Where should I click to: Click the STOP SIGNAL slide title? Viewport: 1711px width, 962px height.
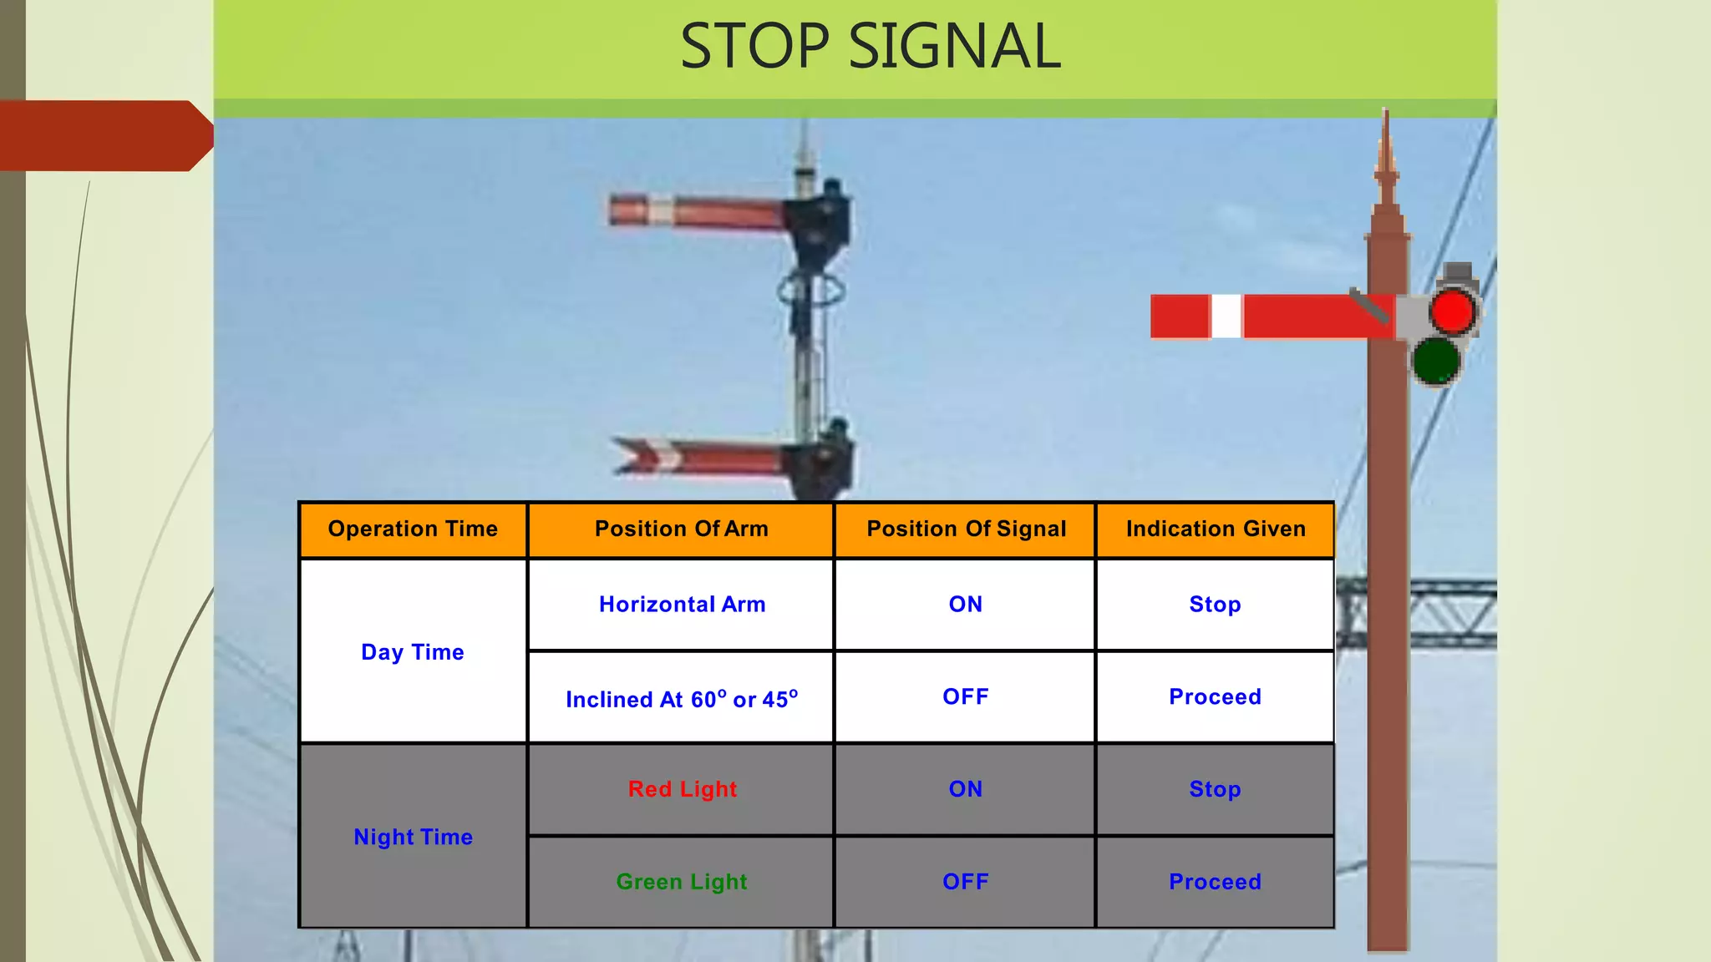870,47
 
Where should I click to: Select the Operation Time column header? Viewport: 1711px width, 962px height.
413,529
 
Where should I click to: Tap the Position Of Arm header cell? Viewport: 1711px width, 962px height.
681,529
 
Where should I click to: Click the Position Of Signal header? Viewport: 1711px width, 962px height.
966,529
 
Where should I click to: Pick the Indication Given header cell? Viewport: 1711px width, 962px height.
1215,529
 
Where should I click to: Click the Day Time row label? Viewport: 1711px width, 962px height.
413,652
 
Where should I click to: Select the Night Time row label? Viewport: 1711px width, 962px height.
413,837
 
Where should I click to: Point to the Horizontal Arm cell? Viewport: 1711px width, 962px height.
682,605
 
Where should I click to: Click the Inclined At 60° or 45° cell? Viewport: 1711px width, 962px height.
682,698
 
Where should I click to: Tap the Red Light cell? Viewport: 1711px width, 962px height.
682,789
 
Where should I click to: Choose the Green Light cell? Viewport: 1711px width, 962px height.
682,882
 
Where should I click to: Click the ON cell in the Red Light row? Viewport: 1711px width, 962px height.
965,789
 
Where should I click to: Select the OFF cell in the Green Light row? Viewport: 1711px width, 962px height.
965,882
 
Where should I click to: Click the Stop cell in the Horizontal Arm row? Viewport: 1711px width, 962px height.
1215,605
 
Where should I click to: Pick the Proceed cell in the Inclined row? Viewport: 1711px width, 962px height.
1215,697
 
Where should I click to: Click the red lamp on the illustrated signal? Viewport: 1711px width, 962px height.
1452,312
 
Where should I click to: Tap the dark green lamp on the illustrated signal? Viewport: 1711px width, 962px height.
1436,362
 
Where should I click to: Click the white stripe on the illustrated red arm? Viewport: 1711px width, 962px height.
1226,316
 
